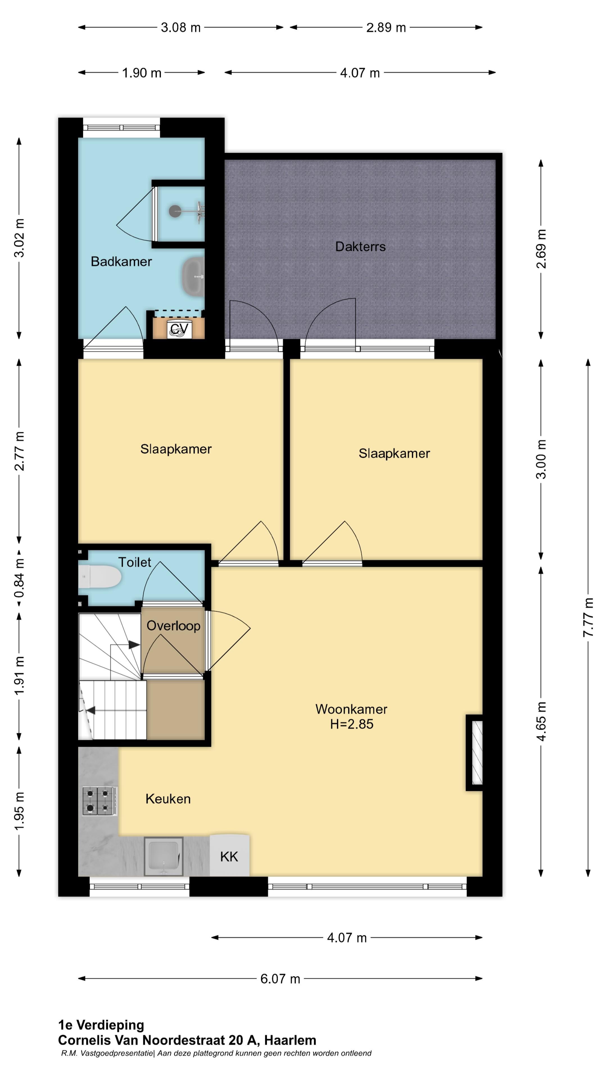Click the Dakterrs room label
(x=360, y=247)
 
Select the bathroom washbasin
(x=193, y=277)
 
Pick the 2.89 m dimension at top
(x=386, y=28)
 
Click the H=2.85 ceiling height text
(x=352, y=724)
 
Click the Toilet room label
(x=135, y=562)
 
